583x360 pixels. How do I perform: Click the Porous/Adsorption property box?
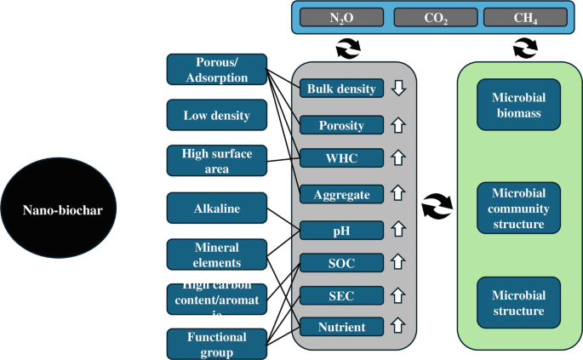(216, 70)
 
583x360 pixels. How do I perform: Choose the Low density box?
(216, 114)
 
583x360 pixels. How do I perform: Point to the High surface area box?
(216, 161)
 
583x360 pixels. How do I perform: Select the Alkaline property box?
(216, 207)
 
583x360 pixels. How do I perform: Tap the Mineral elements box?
(216, 253)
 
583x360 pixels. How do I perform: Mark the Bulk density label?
(340, 89)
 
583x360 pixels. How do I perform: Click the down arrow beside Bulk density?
(397, 89)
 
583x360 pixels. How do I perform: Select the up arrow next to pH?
(397, 230)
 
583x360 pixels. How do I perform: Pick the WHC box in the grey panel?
(340, 158)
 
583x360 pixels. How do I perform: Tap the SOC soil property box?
(340, 264)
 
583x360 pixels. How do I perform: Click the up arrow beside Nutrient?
(397, 326)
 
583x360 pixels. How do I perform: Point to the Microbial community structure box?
(518, 206)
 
